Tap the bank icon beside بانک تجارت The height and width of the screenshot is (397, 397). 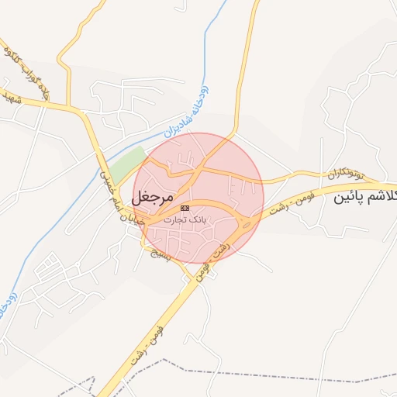[185, 209]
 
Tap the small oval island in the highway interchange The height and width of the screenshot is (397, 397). [247, 224]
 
